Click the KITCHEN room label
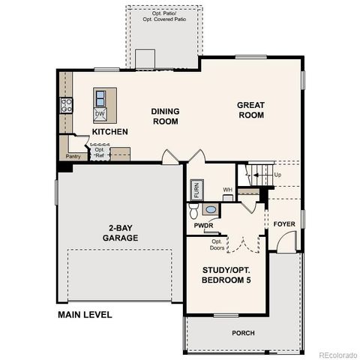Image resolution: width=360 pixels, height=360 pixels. point(109,132)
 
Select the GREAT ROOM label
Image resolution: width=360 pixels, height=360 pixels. point(251,110)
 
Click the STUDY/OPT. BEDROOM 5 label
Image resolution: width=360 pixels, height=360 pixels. point(226,274)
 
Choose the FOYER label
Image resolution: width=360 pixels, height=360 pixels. point(283,224)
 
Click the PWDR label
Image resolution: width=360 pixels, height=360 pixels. point(203,225)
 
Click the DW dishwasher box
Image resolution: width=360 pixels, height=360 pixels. point(100,114)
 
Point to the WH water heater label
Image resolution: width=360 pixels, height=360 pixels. point(226,190)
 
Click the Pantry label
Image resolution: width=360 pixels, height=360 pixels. point(73,157)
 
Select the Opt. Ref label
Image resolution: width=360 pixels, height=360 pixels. point(100,152)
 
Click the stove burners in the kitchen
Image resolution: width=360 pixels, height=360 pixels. point(66,105)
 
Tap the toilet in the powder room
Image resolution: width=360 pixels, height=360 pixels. point(193,209)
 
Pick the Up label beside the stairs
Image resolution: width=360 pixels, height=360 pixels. point(277,175)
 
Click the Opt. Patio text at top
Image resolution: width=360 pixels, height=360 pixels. point(165,13)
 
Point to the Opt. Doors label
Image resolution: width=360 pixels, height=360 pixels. point(217,244)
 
